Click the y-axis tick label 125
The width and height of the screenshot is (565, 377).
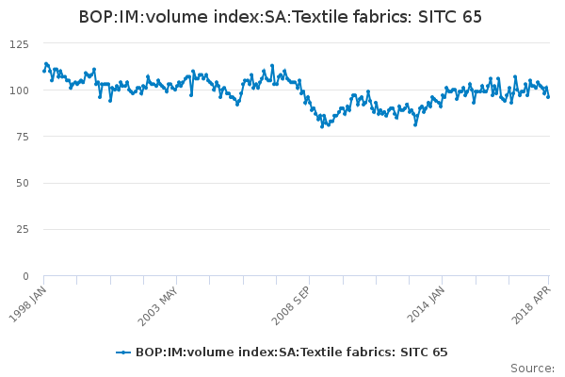pos(19,43)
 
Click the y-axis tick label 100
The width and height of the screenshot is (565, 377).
pos(19,90)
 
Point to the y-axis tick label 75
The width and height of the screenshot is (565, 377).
pos(22,137)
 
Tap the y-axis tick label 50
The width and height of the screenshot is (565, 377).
pos(22,183)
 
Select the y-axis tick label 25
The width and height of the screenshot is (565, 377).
pos(22,229)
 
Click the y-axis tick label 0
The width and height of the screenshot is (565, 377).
pos(25,276)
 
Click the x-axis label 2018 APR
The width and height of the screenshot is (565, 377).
pos(536,303)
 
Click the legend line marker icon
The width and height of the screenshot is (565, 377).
pos(123,352)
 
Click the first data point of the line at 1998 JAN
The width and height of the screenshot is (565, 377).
pos(44,71)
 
